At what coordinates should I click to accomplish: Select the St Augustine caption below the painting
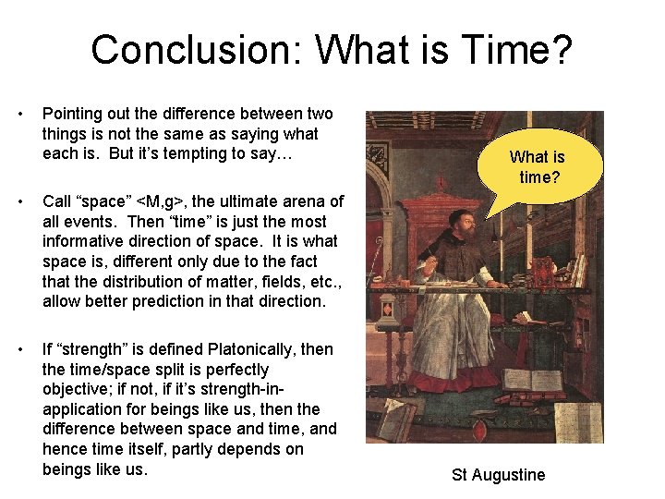498,475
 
